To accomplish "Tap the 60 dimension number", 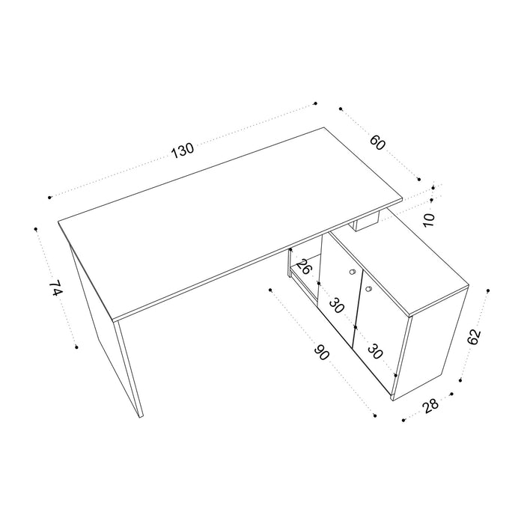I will point(377,142).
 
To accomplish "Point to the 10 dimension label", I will point(428,219).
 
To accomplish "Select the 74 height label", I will point(54,290).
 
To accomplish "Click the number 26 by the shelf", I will point(303,266).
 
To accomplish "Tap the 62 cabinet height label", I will point(473,337).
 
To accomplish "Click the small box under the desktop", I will point(368,222).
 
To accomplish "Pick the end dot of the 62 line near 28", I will point(460,380).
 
